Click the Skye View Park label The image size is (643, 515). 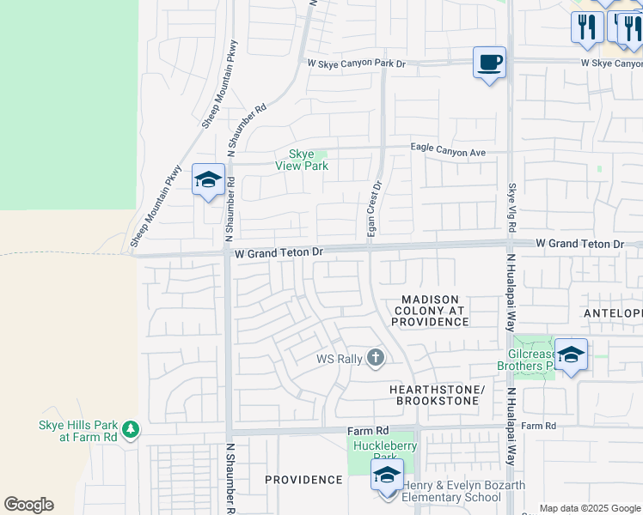[x=302, y=160]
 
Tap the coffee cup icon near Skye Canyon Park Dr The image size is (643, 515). [x=489, y=63]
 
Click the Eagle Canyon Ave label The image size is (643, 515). [x=448, y=151]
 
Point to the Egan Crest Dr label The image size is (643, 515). [x=374, y=210]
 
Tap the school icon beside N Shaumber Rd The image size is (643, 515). [x=208, y=180]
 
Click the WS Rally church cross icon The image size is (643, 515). [x=375, y=358]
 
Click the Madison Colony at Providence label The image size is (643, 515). [x=430, y=310]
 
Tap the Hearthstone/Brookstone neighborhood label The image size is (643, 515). [x=438, y=395]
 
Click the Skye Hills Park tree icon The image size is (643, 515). [x=130, y=428]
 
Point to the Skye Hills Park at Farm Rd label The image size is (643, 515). [x=77, y=431]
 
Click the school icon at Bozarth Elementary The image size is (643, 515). [x=387, y=475]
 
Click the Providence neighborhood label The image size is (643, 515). [x=303, y=479]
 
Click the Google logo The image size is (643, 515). [x=28, y=505]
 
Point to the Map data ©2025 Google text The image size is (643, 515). [x=590, y=508]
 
